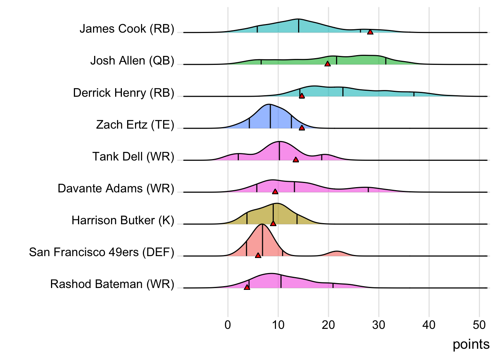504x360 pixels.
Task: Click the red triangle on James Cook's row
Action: (370, 32)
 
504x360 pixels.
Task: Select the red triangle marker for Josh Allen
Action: (327, 64)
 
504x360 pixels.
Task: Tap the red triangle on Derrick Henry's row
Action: (302, 96)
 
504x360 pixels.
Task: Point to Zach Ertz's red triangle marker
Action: (302, 128)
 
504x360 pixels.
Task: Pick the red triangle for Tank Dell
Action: (295, 160)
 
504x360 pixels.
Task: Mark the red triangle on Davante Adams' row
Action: (275, 192)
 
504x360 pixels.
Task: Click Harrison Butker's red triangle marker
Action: (273, 223)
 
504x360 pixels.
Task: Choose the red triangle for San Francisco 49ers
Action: (258, 255)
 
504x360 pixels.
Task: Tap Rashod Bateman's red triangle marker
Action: (247, 287)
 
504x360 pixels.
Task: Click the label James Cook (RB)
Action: (127, 29)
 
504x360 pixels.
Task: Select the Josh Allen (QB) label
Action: (132, 61)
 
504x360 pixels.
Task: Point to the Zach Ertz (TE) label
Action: (135, 124)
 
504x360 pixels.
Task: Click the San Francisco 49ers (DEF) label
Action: (102, 252)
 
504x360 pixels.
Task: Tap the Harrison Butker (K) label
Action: (123, 220)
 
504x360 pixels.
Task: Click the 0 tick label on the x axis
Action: (228, 325)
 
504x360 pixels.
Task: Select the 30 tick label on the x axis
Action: (379, 325)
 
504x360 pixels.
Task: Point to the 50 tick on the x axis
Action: (479, 325)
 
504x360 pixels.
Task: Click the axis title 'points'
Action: (471, 344)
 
